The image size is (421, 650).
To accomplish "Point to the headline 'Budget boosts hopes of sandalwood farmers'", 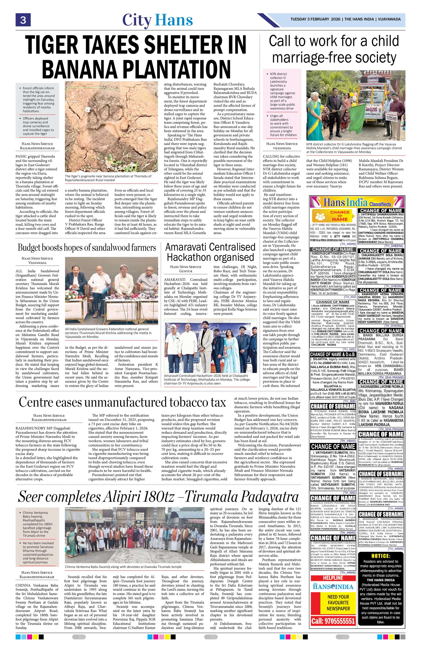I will coord(87,248).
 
